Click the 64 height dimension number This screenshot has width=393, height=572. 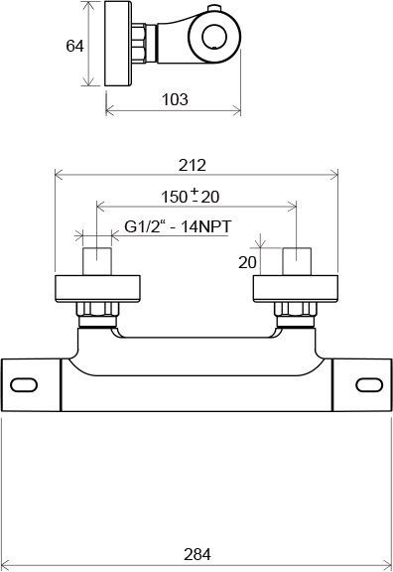[74, 46]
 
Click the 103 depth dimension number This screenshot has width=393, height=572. [175, 99]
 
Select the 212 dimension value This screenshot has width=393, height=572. [193, 165]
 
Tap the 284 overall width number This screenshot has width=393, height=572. [197, 554]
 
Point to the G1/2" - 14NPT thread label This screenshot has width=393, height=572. [178, 226]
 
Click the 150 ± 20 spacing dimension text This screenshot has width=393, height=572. [191, 197]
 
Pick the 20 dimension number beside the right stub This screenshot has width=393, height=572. [247, 262]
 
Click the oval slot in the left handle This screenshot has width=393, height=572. [24, 385]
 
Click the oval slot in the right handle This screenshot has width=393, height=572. [369, 385]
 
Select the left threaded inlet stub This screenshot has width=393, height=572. [97, 261]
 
